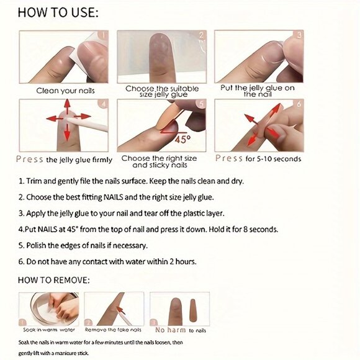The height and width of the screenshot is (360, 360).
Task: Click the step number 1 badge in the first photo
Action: pos(103,35)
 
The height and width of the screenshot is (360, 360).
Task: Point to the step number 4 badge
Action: pos(103,104)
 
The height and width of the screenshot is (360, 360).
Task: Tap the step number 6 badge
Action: pos(298,104)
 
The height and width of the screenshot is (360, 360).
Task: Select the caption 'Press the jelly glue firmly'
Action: pos(64,160)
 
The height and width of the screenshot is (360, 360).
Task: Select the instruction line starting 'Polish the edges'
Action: pos(83,245)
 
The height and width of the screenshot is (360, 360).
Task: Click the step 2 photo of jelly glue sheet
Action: pos(161,56)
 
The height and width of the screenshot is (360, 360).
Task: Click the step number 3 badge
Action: pos(298,35)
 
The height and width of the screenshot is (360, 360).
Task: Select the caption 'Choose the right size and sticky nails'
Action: pos(161,162)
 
